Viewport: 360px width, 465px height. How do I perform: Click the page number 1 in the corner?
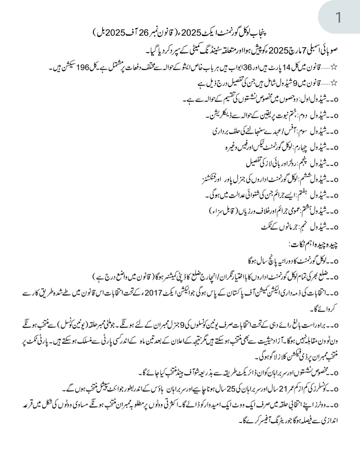point(338,17)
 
